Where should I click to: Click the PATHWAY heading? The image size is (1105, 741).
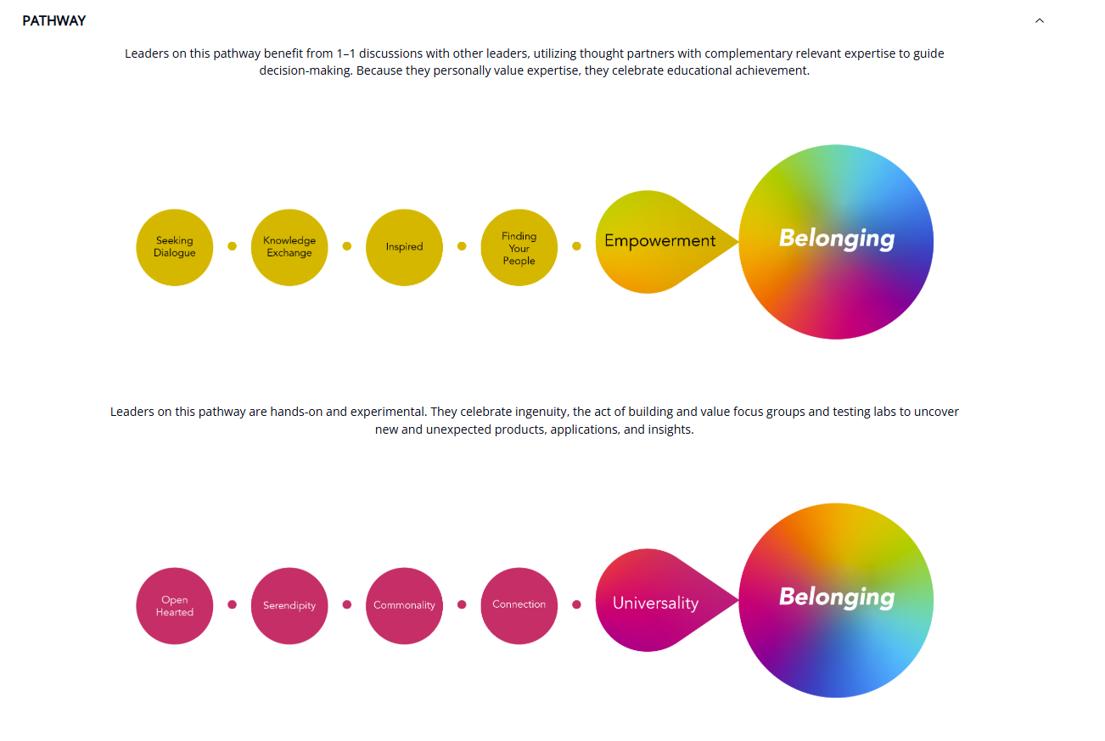(x=53, y=20)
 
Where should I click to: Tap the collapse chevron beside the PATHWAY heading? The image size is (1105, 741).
(x=1040, y=20)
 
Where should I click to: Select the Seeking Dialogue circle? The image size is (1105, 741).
(x=175, y=247)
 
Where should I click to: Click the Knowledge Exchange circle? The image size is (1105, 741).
(x=289, y=247)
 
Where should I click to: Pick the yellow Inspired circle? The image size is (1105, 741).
(x=404, y=247)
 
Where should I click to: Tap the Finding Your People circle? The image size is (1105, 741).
(x=519, y=248)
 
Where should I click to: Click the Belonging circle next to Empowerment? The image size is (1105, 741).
(x=836, y=241)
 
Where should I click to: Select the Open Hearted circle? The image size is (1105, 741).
(x=175, y=606)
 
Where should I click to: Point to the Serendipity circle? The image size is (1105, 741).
(x=289, y=606)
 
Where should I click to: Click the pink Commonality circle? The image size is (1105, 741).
(x=404, y=606)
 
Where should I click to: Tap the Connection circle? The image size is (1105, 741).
(x=519, y=605)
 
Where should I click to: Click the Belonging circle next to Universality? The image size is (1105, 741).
(x=836, y=599)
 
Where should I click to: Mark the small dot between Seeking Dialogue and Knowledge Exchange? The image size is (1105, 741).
(x=233, y=246)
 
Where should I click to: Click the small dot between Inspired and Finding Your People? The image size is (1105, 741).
(x=462, y=246)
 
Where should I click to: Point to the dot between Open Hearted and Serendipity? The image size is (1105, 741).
(x=233, y=605)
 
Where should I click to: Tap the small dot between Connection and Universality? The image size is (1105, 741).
(x=576, y=605)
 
